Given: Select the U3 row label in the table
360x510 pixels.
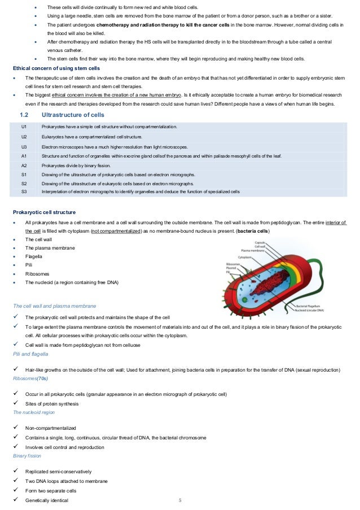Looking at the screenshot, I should tap(24, 146).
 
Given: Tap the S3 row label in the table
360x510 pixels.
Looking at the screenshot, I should tap(24, 192).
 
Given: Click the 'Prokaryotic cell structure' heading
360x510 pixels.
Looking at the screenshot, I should tap(44, 212).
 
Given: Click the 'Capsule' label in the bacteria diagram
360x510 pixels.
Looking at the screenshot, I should tap(261, 242).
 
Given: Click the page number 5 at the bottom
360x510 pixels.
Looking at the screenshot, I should tap(180, 500).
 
